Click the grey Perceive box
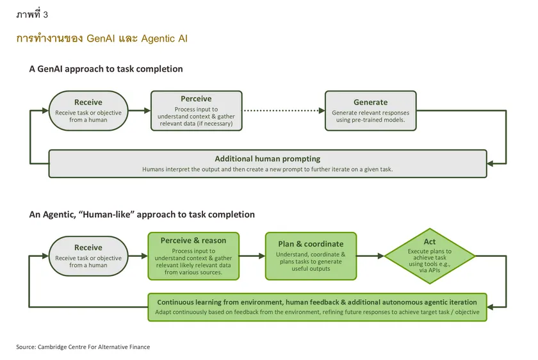(x=196, y=111)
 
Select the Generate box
(x=371, y=111)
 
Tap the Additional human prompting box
(x=268, y=164)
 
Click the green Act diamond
(x=430, y=256)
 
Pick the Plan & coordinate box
(x=311, y=256)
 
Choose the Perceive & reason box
(x=193, y=256)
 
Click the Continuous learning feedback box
(x=317, y=307)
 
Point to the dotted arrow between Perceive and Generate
(x=284, y=111)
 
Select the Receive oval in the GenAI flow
(x=88, y=111)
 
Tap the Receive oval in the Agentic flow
(x=88, y=256)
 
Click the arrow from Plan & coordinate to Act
(x=371, y=256)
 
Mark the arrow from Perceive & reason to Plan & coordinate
(x=252, y=256)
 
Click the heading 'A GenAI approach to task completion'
(x=106, y=69)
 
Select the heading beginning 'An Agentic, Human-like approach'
(x=142, y=215)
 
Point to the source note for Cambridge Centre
(x=83, y=347)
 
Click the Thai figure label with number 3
(x=32, y=14)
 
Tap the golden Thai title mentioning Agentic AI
(x=102, y=38)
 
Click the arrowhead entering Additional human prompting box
(x=490, y=164)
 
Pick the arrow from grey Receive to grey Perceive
(x=140, y=111)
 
